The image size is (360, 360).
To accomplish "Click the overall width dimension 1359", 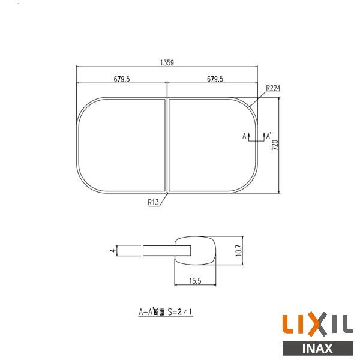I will coord(167,62).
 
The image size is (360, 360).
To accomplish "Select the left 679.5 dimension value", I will coord(122,79).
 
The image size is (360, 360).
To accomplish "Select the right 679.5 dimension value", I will coord(214,79).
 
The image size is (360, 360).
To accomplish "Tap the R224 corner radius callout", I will coord(273,88).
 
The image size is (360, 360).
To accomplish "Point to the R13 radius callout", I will coord(152,203).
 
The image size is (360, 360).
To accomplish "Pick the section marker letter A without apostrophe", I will coord(245,137).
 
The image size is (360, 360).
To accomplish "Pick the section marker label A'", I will coord(269,136).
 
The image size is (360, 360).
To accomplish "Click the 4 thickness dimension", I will coord(112,251).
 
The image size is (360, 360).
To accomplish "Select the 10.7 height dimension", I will coord(238,250).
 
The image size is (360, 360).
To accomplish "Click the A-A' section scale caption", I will coord(168,311).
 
